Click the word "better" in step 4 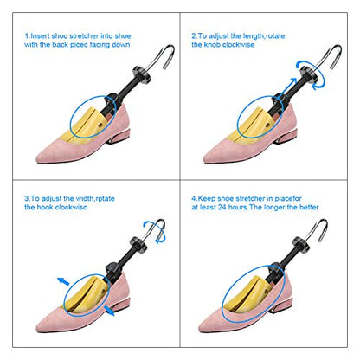click(309, 207)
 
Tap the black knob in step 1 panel click(142, 74)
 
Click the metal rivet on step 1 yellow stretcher click(100, 125)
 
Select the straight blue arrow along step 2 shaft click(289, 87)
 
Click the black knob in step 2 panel click(309, 74)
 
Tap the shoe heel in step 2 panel click(285, 137)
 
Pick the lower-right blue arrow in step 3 click(109, 310)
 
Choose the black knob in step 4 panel click(301, 244)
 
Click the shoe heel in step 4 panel click(280, 305)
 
